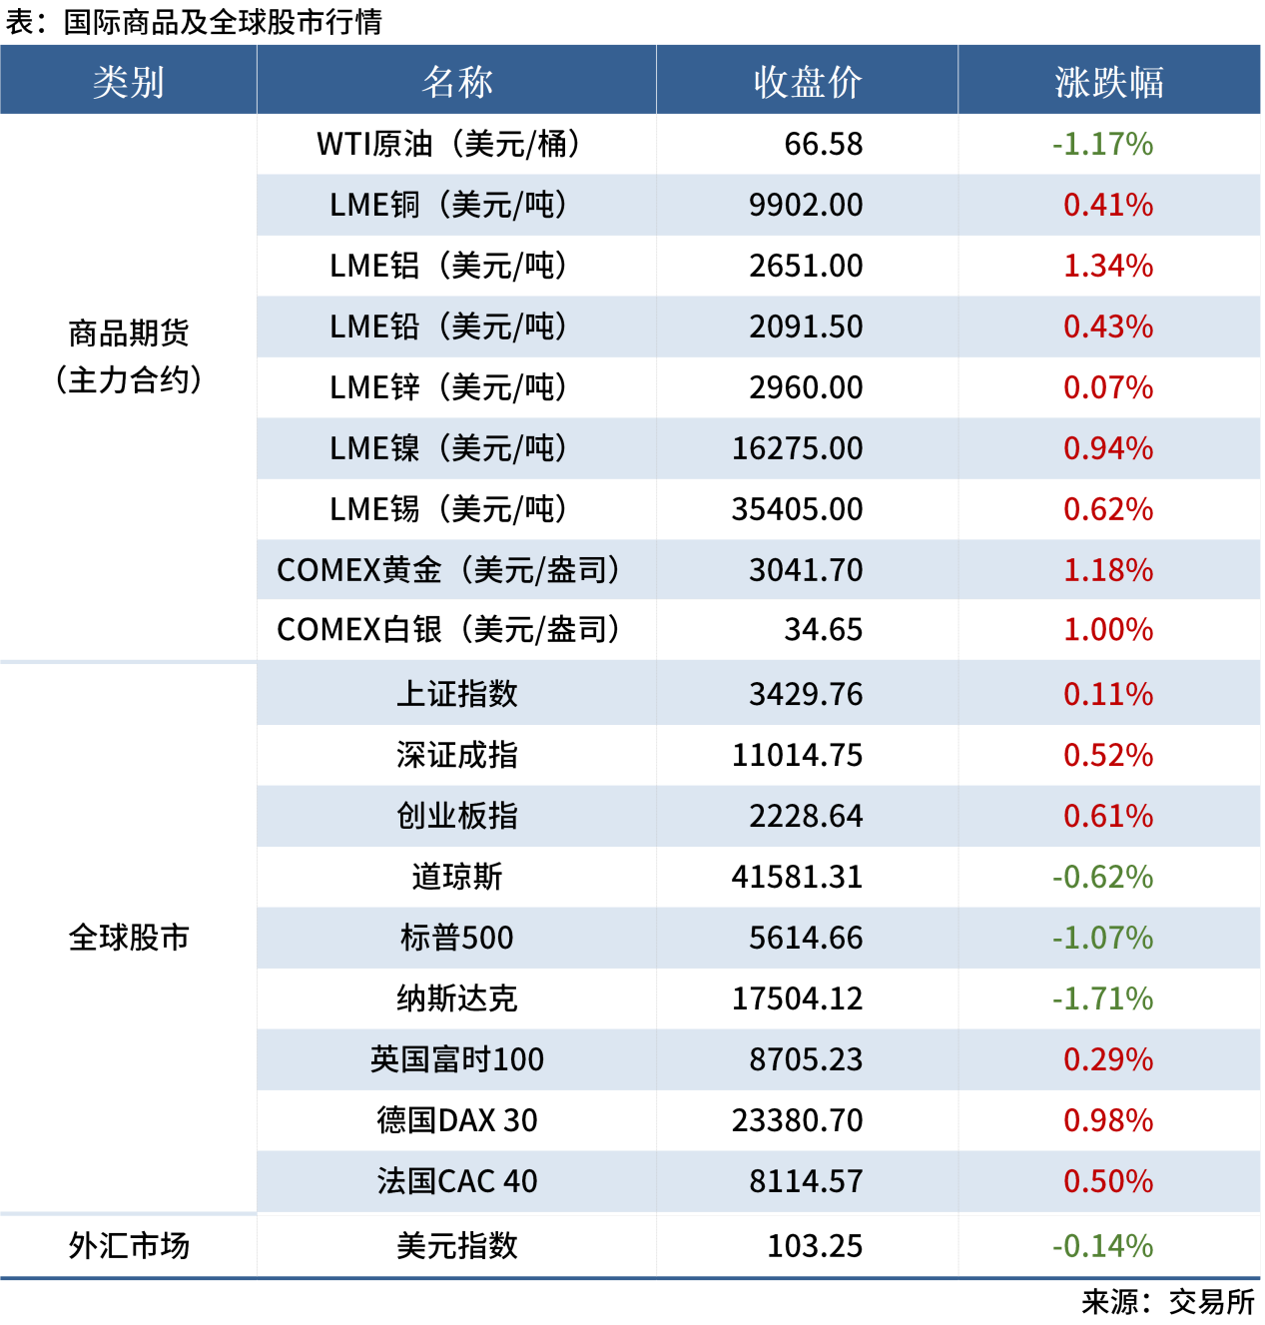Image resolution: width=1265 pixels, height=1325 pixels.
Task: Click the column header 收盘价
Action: (807, 82)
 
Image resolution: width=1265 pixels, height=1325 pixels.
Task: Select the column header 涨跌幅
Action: (1108, 82)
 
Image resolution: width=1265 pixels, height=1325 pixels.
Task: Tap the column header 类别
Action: (129, 82)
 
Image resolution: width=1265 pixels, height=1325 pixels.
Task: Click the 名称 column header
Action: (456, 82)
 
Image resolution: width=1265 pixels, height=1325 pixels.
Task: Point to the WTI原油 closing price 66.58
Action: (823, 144)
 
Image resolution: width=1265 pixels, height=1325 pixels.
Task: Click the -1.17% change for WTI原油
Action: (1102, 144)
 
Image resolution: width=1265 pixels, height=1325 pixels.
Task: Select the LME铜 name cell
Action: (449, 205)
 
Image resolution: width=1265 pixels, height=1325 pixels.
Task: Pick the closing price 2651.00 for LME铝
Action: (806, 266)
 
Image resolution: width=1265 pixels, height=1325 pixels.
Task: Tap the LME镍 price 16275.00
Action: (797, 448)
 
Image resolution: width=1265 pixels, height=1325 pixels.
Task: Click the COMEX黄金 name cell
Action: (449, 570)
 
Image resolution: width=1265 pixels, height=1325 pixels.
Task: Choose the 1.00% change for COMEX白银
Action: (1108, 630)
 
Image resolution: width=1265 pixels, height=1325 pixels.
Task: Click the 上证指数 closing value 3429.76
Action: (806, 694)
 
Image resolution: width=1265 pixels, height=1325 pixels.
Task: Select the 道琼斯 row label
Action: (456, 877)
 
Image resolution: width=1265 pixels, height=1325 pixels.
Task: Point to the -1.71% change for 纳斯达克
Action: (1102, 998)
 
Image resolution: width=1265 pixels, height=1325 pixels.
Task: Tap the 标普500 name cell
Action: (456, 938)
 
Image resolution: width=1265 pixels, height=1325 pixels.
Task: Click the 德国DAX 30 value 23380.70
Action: (797, 1120)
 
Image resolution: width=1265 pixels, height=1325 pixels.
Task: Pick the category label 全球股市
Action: (129, 938)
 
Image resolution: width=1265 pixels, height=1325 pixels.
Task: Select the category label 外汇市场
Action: (129, 1245)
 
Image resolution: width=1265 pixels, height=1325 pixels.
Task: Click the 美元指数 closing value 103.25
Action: (815, 1246)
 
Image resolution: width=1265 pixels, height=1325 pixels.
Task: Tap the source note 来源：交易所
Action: (1167, 1302)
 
